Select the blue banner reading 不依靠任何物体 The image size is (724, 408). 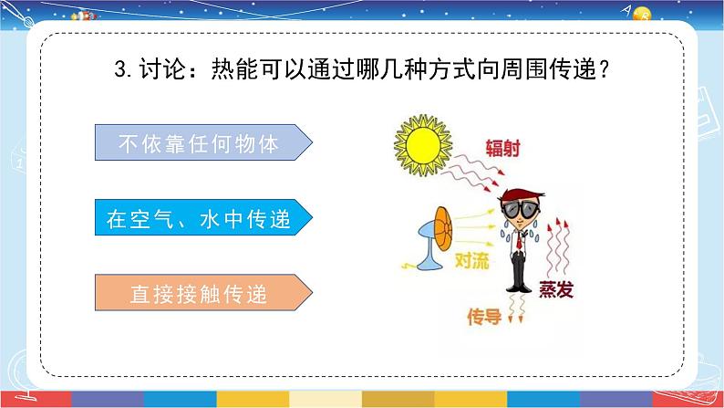pyautogui.click(x=203, y=144)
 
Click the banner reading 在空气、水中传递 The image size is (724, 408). pyautogui.click(x=203, y=219)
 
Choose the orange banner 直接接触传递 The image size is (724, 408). pyautogui.click(x=203, y=293)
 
